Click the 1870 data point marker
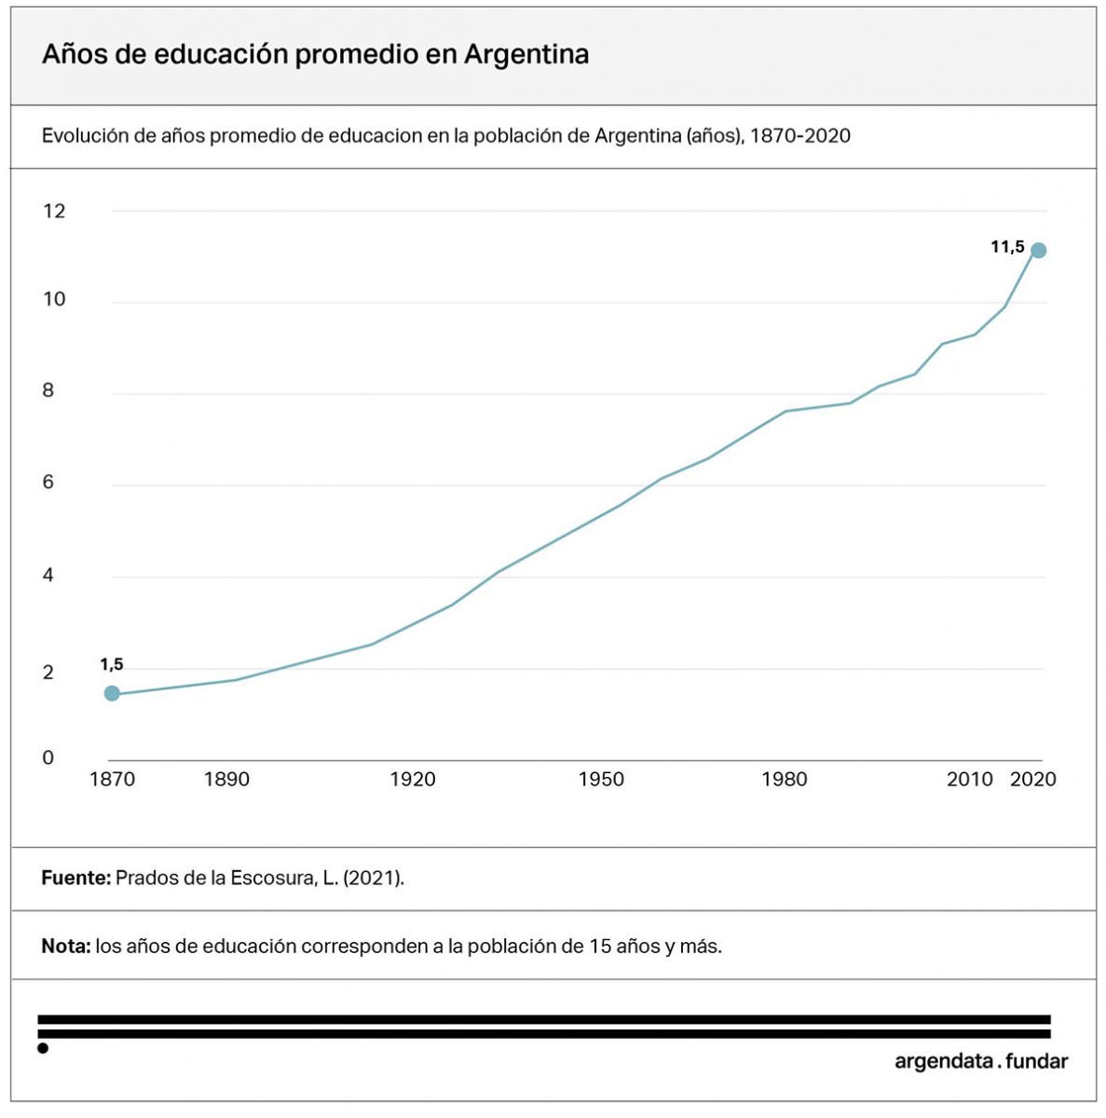tap(112, 693)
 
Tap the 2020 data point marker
tap(1039, 250)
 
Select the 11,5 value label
tap(1007, 247)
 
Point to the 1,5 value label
tap(112, 664)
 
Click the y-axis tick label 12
tap(54, 211)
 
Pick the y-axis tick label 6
tap(48, 483)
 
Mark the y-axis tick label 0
tap(48, 757)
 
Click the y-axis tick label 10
tap(54, 299)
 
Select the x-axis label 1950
tap(601, 779)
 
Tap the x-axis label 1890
tap(226, 779)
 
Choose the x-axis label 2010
tap(970, 779)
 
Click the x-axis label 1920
tap(413, 779)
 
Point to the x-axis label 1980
tap(785, 779)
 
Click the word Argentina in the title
tap(526, 54)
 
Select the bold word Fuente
tap(75, 878)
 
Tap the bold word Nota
tap(65, 947)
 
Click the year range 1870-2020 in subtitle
tap(800, 136)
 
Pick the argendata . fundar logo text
tap(981, 1061)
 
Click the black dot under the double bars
tap(43, 1049)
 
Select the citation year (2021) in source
tap(373, 878)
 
